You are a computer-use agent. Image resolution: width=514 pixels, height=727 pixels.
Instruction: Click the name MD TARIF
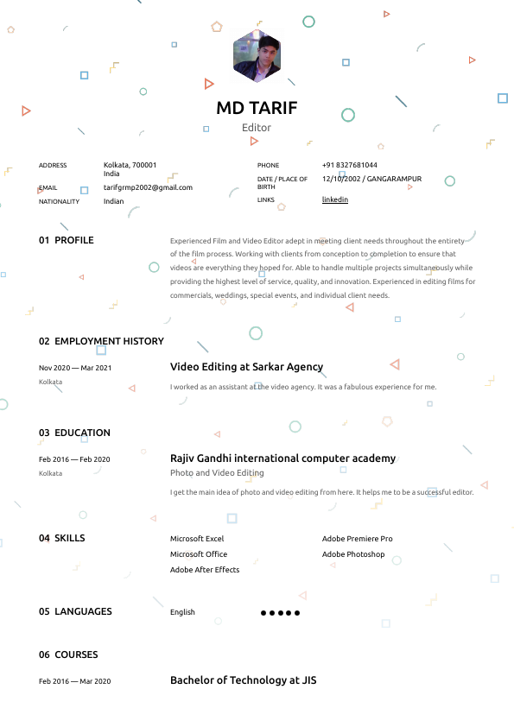(257, 108)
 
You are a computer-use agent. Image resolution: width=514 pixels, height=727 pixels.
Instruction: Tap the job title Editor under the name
(257, 128)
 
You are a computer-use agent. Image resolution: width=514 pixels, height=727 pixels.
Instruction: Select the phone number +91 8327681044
(349, 165)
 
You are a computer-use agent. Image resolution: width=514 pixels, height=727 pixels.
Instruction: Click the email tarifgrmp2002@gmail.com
(148, 187)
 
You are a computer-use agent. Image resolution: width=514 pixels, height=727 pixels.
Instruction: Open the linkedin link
(335, 199)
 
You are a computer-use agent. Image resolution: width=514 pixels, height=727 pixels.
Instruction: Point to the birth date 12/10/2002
(340, 179)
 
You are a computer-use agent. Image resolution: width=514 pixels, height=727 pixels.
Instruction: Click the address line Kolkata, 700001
(130, 165)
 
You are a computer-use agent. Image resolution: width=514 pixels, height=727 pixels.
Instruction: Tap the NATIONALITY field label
(59, 202)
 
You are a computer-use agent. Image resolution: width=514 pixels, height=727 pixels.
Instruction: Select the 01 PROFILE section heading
(67, 240)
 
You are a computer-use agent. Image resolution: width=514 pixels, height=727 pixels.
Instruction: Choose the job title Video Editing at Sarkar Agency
(246, 367)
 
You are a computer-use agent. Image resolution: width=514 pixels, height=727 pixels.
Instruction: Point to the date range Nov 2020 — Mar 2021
(75, 368)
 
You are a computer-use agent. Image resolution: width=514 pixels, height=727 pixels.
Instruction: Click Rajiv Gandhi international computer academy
(282, 458)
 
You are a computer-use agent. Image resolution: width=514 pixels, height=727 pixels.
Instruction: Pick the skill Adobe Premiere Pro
(357, 539)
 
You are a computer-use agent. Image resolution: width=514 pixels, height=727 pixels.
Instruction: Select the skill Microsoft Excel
(197, 539)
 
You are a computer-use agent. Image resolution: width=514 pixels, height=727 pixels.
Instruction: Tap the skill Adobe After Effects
(205, 570)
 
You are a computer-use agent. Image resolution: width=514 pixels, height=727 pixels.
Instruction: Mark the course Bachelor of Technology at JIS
(243, 680)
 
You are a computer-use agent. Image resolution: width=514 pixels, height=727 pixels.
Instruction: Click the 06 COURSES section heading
(68, 654)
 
